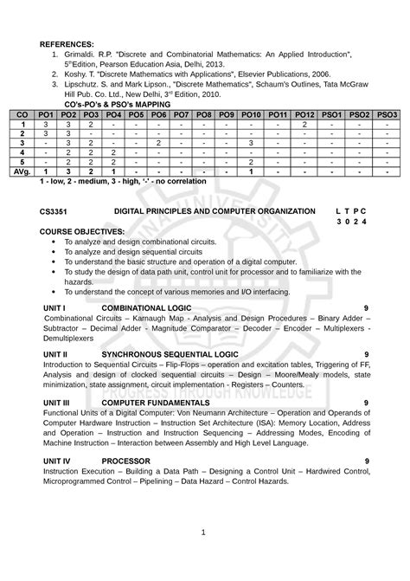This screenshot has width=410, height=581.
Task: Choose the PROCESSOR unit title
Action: pos(125,460)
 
